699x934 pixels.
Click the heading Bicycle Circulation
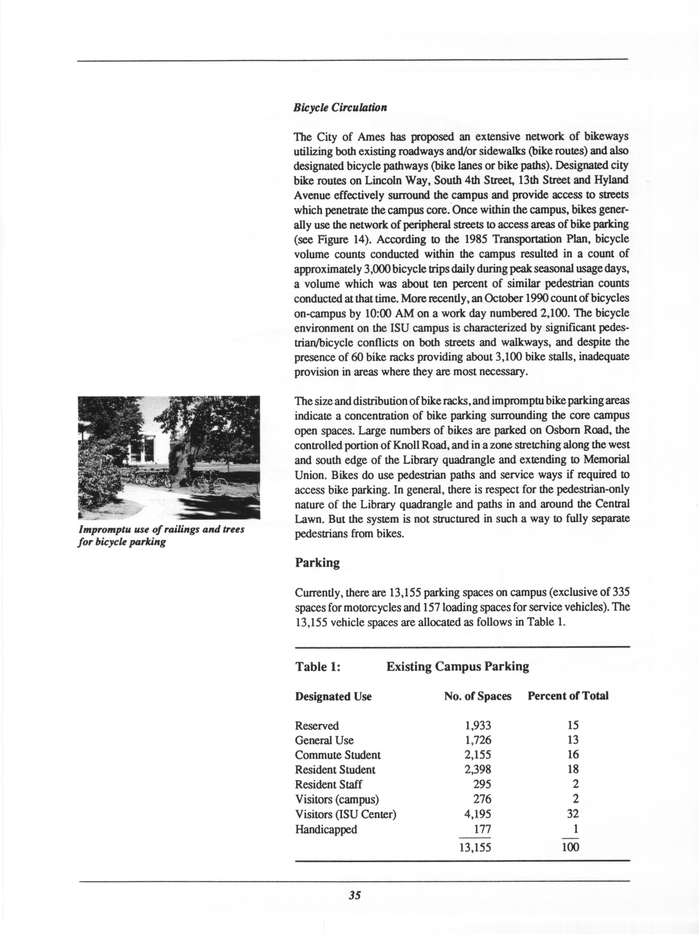tap(340, 107)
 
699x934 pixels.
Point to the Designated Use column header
tap(333, 696)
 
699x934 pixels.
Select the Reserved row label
tap(317, 726)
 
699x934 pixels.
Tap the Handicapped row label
tap(326, 829)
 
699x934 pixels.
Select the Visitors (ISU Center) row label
tap(345, 814)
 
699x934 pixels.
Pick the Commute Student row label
tap(338, 755)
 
